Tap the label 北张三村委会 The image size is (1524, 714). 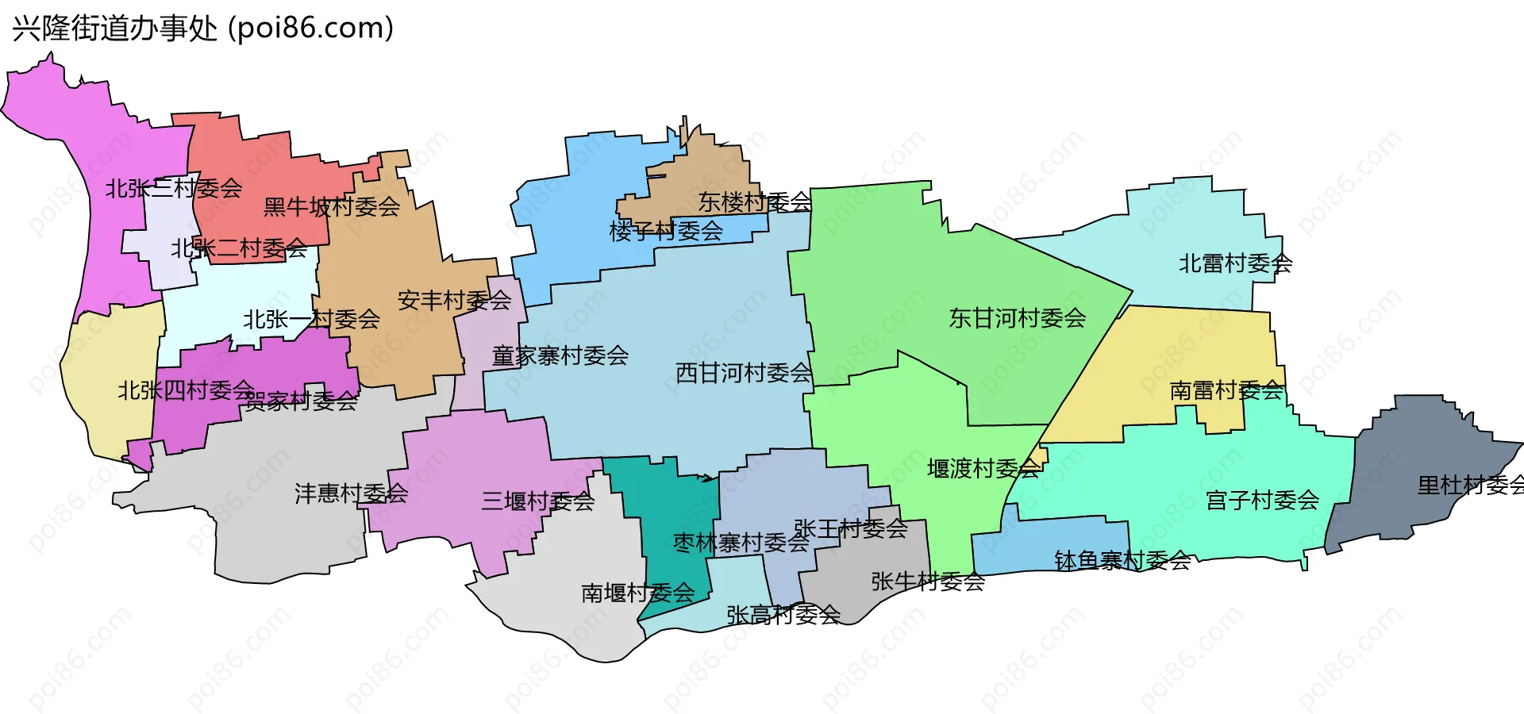(174, 189)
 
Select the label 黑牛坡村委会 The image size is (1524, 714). (332, 207)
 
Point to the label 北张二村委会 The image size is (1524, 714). (239, 248)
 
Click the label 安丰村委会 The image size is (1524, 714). (455, 301)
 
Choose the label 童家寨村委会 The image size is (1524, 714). (560, 355)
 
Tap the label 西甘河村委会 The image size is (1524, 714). (744, 373)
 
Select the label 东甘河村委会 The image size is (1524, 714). (1018, 318)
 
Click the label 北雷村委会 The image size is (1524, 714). (1235, 263)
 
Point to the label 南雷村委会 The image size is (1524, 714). (1227, 390)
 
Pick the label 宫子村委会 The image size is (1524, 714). (1262, 501)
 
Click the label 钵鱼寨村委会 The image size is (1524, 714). (1122, 561)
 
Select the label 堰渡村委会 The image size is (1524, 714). (983, 469)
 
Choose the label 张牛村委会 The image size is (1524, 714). (928, 582)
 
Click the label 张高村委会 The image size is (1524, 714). (783, 615)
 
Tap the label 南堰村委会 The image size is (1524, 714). (638, 593)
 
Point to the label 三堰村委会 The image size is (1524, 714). (538, 501)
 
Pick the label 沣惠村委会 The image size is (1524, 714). (352, 493)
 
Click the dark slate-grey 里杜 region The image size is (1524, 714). (1413, 444)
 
